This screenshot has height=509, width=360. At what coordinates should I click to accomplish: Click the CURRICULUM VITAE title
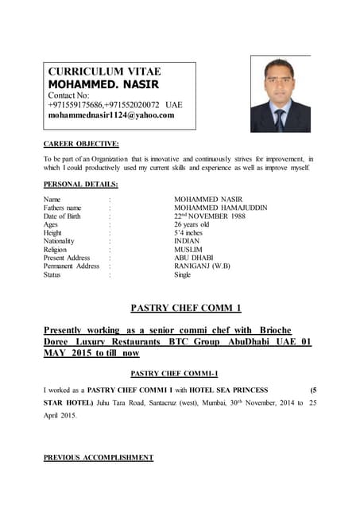coord(105,71)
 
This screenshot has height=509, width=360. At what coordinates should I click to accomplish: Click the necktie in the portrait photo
coord(280,119)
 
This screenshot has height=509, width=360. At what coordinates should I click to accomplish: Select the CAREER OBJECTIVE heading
coord(81,143)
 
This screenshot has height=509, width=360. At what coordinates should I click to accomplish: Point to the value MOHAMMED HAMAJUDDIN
coord(220,208)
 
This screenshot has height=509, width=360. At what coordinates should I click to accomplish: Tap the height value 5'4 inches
coord(188,233)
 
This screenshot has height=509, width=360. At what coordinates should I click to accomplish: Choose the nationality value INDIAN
coord(187,241)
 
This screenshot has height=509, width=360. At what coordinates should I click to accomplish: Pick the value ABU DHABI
coord(194,258)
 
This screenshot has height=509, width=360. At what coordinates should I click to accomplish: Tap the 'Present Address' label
coord(67,258)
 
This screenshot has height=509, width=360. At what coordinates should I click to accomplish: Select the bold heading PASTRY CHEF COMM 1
coord(184,308)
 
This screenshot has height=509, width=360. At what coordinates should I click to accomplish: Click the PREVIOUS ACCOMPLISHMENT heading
coord(98,458)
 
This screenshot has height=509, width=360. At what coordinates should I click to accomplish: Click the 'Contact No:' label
coord(70,95)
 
